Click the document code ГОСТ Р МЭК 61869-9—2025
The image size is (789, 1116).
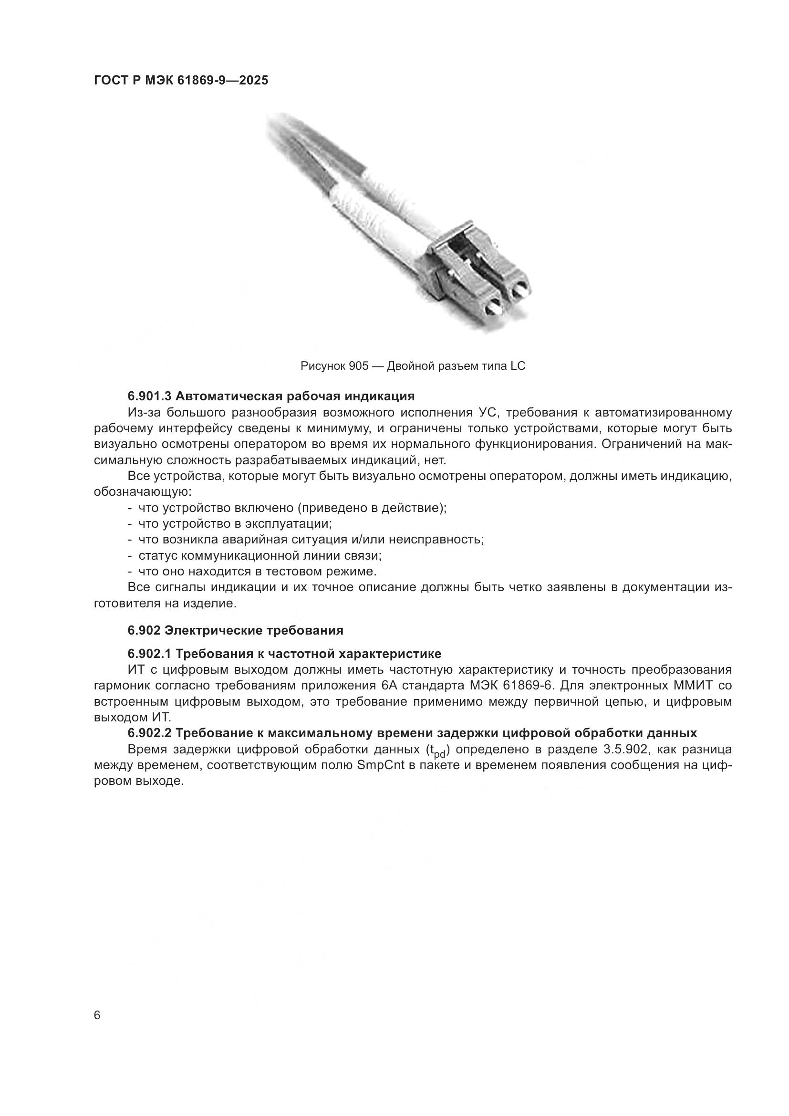click(181, 80)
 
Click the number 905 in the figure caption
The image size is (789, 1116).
click(359, 366)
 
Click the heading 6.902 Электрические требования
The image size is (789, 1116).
click(235, 630)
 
